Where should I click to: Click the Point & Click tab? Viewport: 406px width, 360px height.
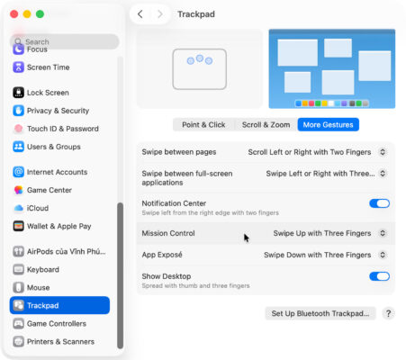[x=203, y=124]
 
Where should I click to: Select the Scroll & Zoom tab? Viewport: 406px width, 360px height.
[x=266, y=124]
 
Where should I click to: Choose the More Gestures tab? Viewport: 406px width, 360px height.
[x=328, y=124]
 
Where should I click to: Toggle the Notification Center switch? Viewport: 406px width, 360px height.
[x=379, y=203]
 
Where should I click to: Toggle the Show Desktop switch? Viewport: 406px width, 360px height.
[x=379, y=277]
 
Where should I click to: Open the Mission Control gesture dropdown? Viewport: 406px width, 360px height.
[x=329, y=233]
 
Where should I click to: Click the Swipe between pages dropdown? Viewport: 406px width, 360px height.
[x=317, y=152]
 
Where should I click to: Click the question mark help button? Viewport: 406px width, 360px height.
[x=388, y=313]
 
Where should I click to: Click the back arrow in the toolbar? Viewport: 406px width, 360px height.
[x=140, y=14]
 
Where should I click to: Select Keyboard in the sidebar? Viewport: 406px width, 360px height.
[x=42, y=269]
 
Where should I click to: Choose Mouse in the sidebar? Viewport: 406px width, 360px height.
[x=38, y=287]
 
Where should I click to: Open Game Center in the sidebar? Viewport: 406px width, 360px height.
[x=50, y=190]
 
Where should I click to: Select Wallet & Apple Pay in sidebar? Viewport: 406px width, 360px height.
[x=59, y=225]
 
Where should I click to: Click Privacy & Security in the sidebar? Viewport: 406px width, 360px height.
[x=58, y=111]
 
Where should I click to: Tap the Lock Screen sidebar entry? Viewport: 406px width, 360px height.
[x=47, y=93]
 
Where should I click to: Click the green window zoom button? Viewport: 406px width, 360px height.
[x=41, y=14]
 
